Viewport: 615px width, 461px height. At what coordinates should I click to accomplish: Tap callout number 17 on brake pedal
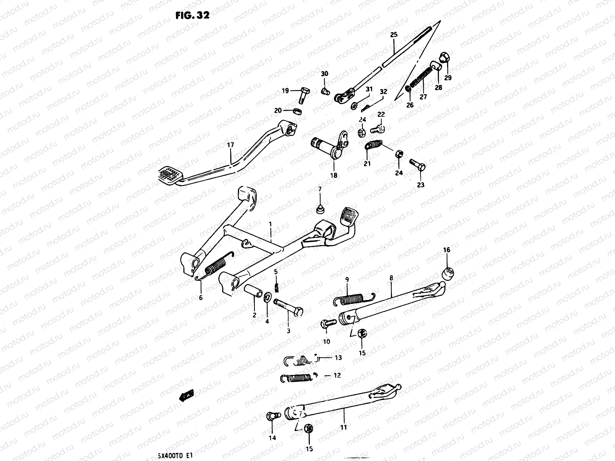pos(230,145)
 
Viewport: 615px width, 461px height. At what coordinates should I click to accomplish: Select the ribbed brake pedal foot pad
pos(169,175)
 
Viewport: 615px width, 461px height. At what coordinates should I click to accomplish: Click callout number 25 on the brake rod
pos(394,35)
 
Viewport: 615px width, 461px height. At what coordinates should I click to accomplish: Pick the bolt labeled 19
pos(303,95)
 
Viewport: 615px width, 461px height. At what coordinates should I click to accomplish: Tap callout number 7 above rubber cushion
pos(319,189)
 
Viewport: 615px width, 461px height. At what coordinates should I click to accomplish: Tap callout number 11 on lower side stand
pos(343,427)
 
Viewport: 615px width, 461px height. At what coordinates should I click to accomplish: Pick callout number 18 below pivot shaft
pos(334,175)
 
